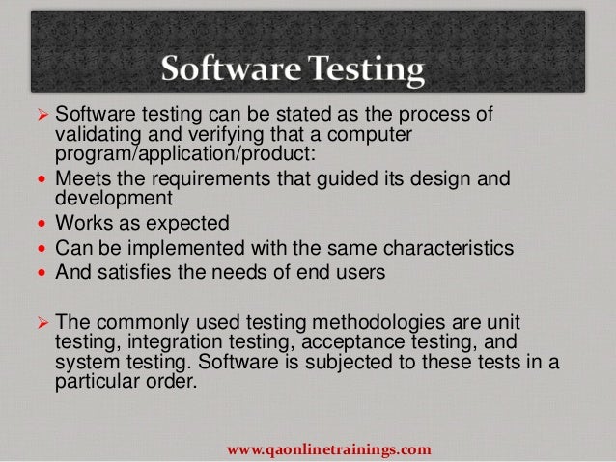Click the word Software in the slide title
(227, 69)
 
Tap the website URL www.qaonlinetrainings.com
(328, 449)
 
